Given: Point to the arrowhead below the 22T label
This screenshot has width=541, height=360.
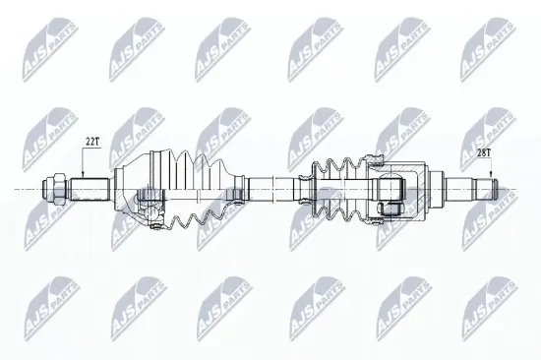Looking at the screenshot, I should [x=85, y=172].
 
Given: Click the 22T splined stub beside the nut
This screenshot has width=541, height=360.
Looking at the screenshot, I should [x=89, y=186].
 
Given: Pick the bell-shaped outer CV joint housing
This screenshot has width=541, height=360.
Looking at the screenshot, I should [x=133, y=187].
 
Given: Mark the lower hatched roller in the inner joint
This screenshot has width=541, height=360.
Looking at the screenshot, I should [x=391, y=207].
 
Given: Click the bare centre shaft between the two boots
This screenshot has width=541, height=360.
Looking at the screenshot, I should [x=270, y=186].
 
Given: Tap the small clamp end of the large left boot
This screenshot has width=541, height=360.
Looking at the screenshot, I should [x=238, y=186].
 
